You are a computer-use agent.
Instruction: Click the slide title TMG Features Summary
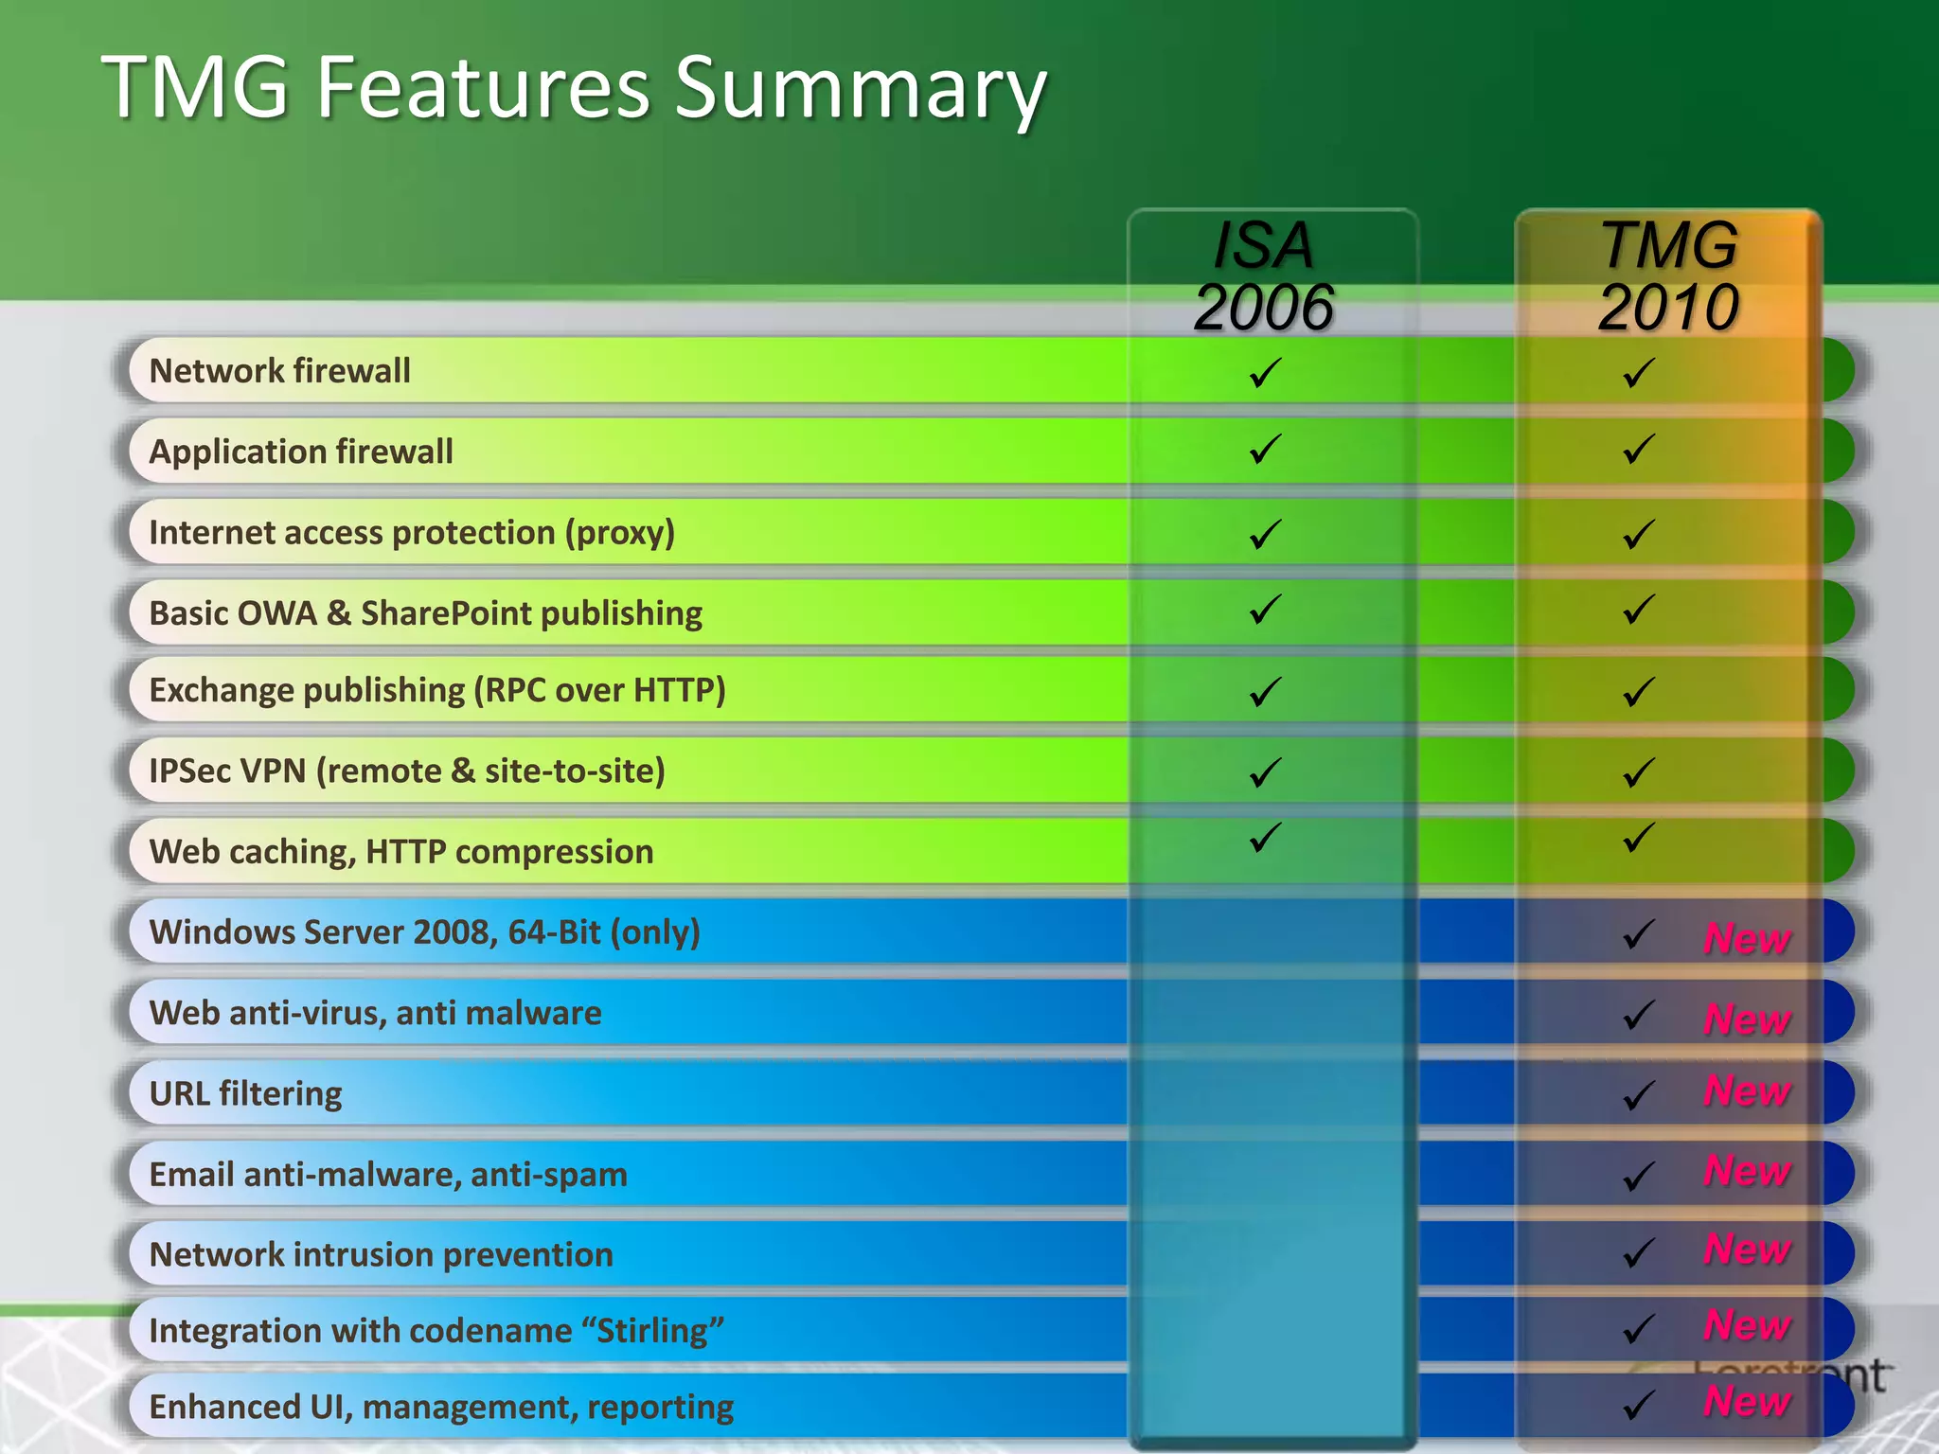574,87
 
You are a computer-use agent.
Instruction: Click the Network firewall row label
280,371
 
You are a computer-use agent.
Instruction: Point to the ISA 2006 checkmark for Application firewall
1265,449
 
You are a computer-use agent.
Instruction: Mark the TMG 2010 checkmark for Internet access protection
1639,534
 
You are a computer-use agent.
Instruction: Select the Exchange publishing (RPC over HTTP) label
437,690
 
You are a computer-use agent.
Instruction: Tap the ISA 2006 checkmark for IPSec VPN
1265,772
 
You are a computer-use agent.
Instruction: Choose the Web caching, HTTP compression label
401,852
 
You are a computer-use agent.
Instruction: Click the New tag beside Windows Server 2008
1747,938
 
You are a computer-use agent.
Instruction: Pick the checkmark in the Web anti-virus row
1639,1016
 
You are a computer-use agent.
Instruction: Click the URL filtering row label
246,1094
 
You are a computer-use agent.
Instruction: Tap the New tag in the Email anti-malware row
1747,1171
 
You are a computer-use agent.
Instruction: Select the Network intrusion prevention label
382,1255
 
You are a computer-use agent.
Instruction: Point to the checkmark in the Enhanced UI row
1639,1405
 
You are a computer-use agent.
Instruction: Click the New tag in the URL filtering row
1747,1090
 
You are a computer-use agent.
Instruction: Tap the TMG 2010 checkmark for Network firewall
1639,372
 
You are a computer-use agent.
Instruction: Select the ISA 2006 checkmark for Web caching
1265,837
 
